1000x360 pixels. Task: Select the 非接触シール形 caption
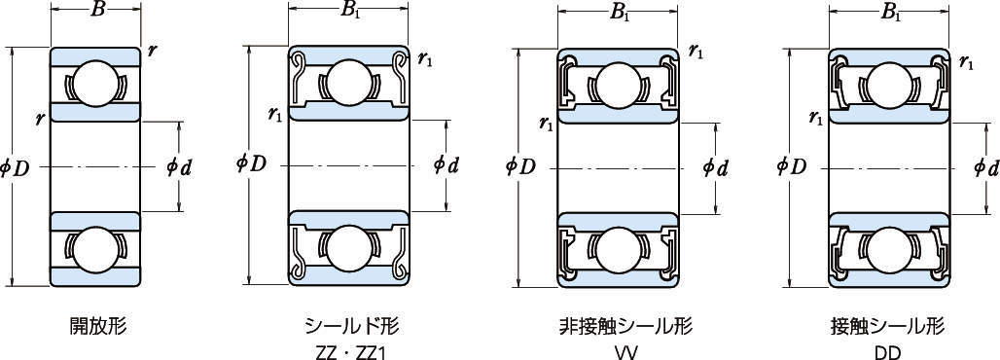pyautogui.click(x=625, y=326)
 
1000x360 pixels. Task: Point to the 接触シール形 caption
pyautogui.click(x=887, y=326)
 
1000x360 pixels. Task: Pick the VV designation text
pyautogui.click(x=625, y=351)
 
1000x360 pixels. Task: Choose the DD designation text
pyautogui.click(x=887, y=351)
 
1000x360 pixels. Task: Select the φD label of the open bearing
pyautogui.click(x=16, y=168)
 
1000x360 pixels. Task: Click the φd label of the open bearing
pyautogui.click(x=179, y=167)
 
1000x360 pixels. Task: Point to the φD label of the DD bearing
pyautogui.click(x=792, y=166)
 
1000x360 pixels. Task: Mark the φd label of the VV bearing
pyautogui.click(x=716, y=167)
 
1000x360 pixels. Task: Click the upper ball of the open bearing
pyautogui.click(x=95, y=83)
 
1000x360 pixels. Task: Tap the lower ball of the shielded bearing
pyautogui.click(x=348, y=248)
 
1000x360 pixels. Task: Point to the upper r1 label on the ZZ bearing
pyautogui.click(x=425, y=60)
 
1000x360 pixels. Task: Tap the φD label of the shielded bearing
pyautogui.click(x=250, y=163)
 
